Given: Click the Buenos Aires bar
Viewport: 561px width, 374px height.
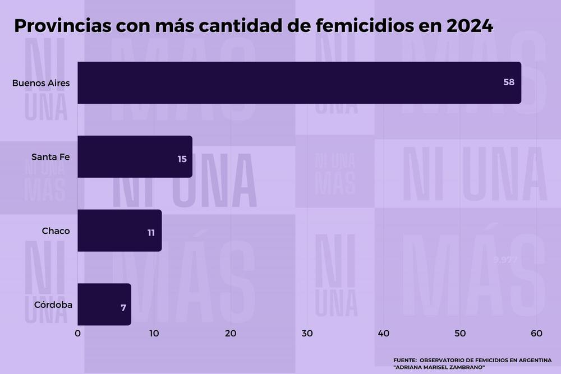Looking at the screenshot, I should (299, 82).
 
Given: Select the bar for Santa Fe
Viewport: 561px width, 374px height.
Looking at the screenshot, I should (135, 156).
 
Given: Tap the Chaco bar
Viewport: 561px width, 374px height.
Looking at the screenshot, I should (119, 230).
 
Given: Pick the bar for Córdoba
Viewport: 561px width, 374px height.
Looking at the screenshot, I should (104, 304).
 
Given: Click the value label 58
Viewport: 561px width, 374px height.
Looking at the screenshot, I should (509, 82).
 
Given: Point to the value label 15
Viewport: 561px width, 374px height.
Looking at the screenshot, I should (182, 159).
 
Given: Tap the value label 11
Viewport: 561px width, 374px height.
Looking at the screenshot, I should (151, 233).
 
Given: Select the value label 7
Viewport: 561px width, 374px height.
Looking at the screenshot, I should (123, 307).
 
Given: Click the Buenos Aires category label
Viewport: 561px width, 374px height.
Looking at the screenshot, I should (41, 83).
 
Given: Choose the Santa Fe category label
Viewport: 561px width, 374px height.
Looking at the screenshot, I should (50, 157).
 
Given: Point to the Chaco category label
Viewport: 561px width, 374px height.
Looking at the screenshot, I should (56, 230).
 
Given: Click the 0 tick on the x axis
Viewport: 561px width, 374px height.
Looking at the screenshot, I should (77, 334).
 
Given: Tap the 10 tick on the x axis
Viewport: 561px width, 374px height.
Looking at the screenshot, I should (154, 334).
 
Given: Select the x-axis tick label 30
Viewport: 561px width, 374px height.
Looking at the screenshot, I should (307, 334).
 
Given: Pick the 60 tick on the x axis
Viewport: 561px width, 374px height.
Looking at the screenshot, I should (536, 334).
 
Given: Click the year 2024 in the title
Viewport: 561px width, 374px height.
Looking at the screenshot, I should (466, 26).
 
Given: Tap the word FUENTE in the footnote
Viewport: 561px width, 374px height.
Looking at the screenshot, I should (404, 359).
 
